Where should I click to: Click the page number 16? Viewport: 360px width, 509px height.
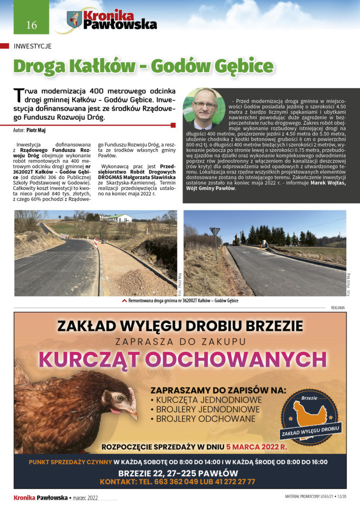(32, 25)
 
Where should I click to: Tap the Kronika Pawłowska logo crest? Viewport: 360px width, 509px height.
(74, 20)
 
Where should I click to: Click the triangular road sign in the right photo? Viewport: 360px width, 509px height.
(215, 232)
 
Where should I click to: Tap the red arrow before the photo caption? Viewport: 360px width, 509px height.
(124, 301)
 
